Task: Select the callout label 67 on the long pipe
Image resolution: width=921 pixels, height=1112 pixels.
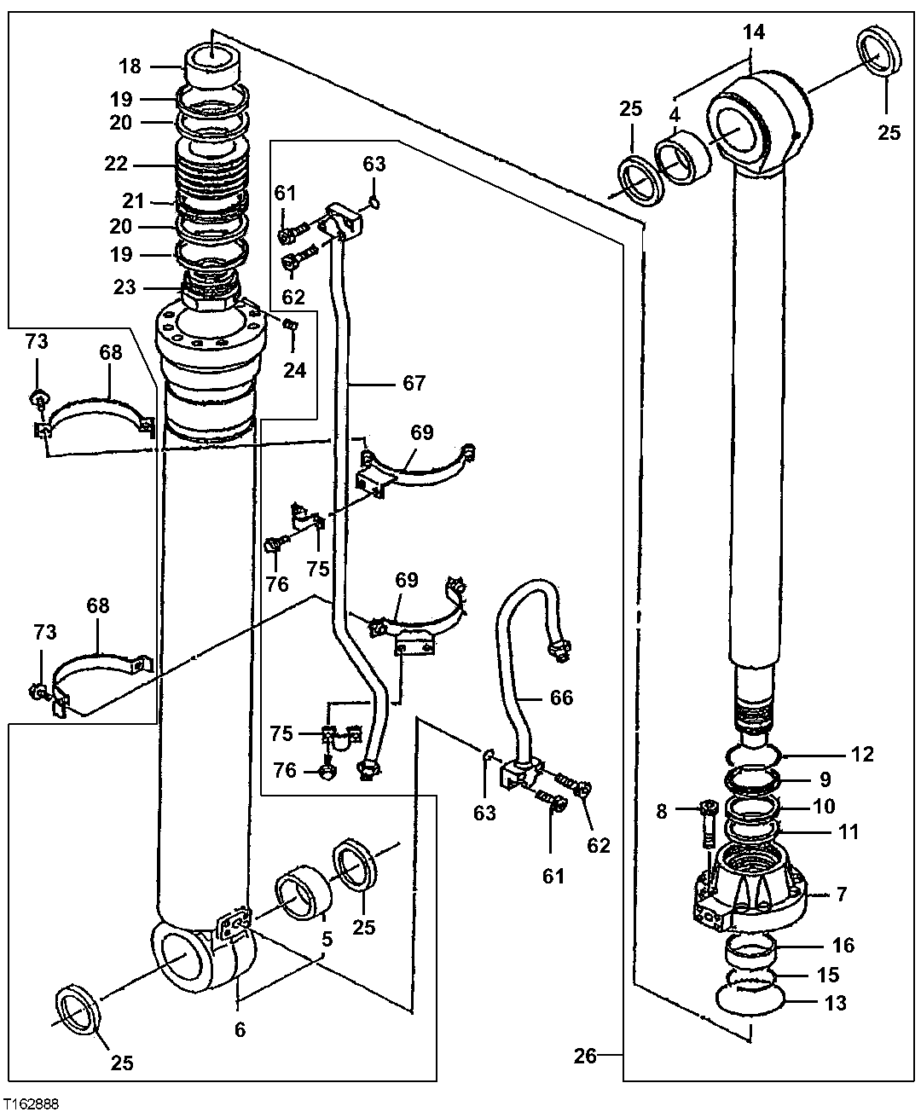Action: point(414,383)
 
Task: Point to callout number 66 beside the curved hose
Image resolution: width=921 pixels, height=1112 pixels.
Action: point(561,698)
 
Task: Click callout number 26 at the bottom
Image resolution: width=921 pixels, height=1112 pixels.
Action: point(584,1057)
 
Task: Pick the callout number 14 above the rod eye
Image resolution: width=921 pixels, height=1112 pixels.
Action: point(754,33)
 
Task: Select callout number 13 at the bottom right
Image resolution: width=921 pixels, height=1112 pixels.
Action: point(836,1003)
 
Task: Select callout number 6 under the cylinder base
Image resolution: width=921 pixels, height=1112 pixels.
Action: point(240,1030)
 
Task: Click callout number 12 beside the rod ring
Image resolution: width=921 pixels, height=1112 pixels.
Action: point(862,754)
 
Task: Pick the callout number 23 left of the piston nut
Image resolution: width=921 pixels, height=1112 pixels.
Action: point(125,287)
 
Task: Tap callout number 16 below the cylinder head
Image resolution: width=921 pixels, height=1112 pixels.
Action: point(843,945)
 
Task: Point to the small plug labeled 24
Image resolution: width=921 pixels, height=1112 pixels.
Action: point(289,324)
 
